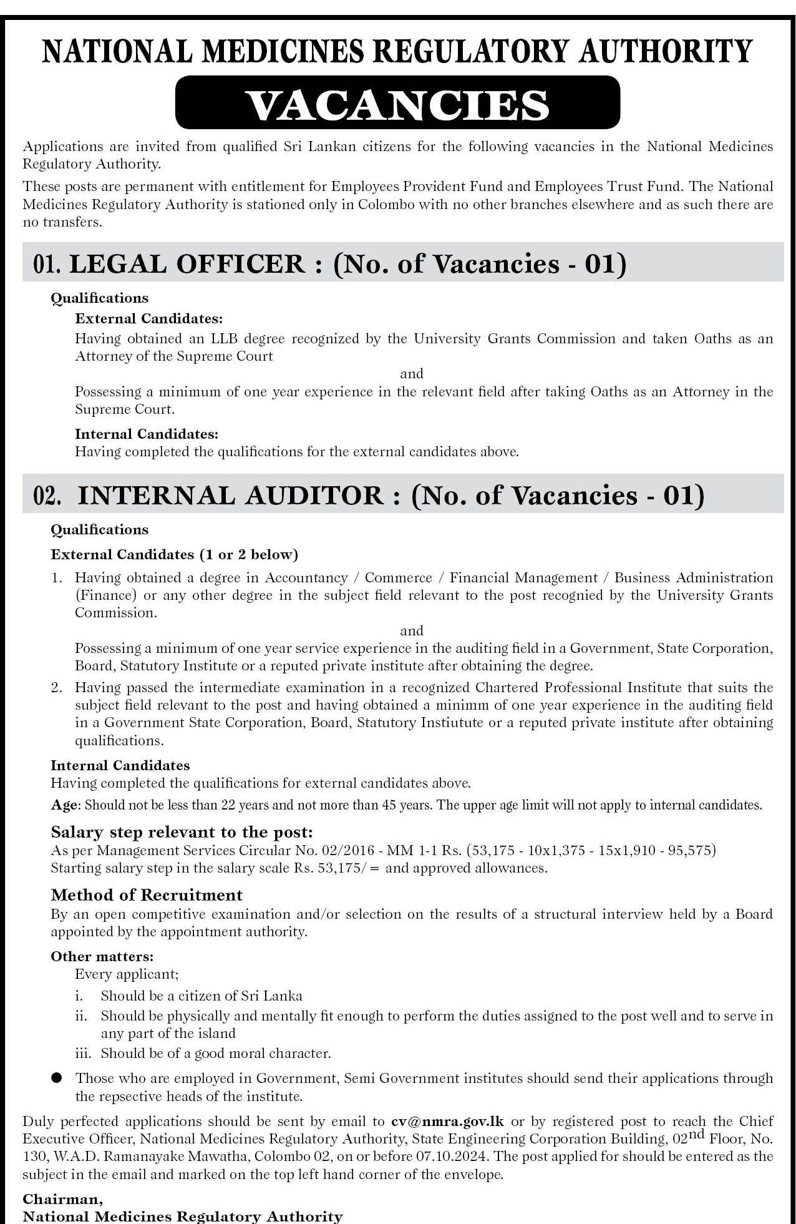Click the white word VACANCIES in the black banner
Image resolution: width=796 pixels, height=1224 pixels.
point(398,104)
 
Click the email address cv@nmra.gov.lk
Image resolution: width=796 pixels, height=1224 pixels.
point(448,1121)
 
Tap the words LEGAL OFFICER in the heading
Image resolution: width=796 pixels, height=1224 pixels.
point(187,264)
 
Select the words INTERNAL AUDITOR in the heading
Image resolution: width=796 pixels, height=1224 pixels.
point(230,496)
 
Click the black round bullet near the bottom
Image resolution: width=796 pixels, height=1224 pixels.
point(57,1077)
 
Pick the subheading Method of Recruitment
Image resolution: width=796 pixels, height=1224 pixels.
point(147,895)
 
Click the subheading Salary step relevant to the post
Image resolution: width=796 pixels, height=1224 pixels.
point(182,832)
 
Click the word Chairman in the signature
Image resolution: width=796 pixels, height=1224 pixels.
point(62,1199)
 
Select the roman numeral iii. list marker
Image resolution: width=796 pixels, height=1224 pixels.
point(83,1054)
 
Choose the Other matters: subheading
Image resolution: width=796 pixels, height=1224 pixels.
point(102,956)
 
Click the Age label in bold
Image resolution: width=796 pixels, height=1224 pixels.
point(64,805)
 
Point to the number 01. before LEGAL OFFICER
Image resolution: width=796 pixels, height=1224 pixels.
point(47,265)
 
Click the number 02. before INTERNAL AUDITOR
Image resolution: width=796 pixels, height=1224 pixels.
point(47,496)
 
